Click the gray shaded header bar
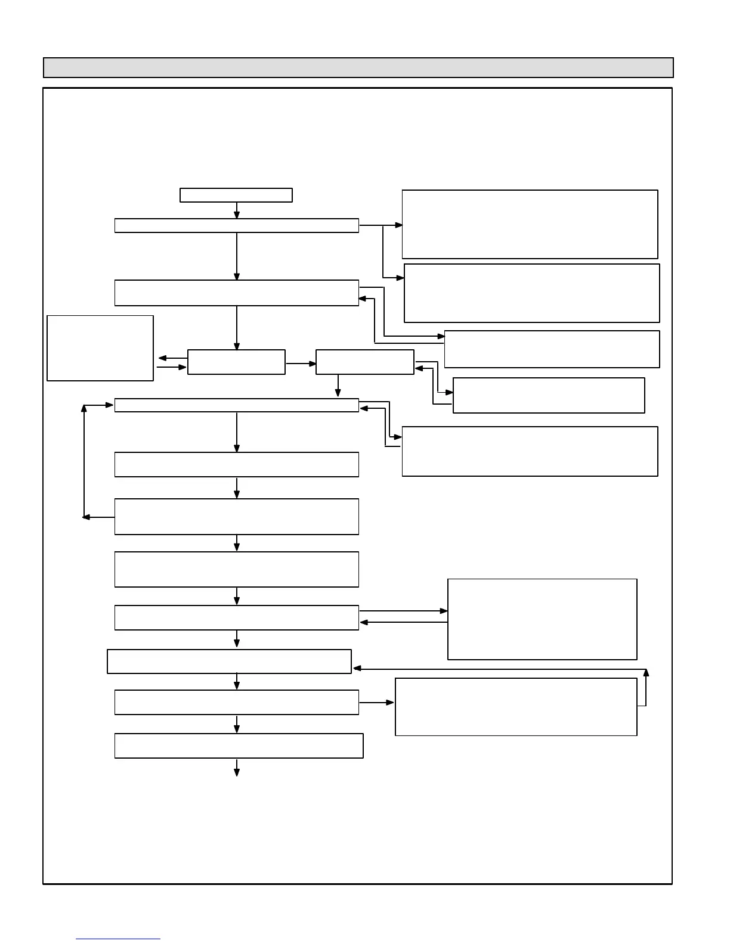[358, 67]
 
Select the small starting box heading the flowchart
[236, 195]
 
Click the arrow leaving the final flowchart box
[237, 768]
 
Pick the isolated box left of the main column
[100, 348]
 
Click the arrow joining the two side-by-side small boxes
[301, 363]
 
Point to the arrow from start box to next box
[237, 210]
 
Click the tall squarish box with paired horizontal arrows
[542, 619]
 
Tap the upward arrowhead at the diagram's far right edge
[646, 673]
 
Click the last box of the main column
[239, 746]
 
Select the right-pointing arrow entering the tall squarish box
[403, 611]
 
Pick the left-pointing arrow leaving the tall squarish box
[403, 623]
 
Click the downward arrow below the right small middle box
[338, 386]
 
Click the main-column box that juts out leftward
[229, 662]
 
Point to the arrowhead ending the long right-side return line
[357, 669]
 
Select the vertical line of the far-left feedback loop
[84, 461]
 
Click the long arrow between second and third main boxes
[237, 256]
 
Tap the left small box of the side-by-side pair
[236, 362]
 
